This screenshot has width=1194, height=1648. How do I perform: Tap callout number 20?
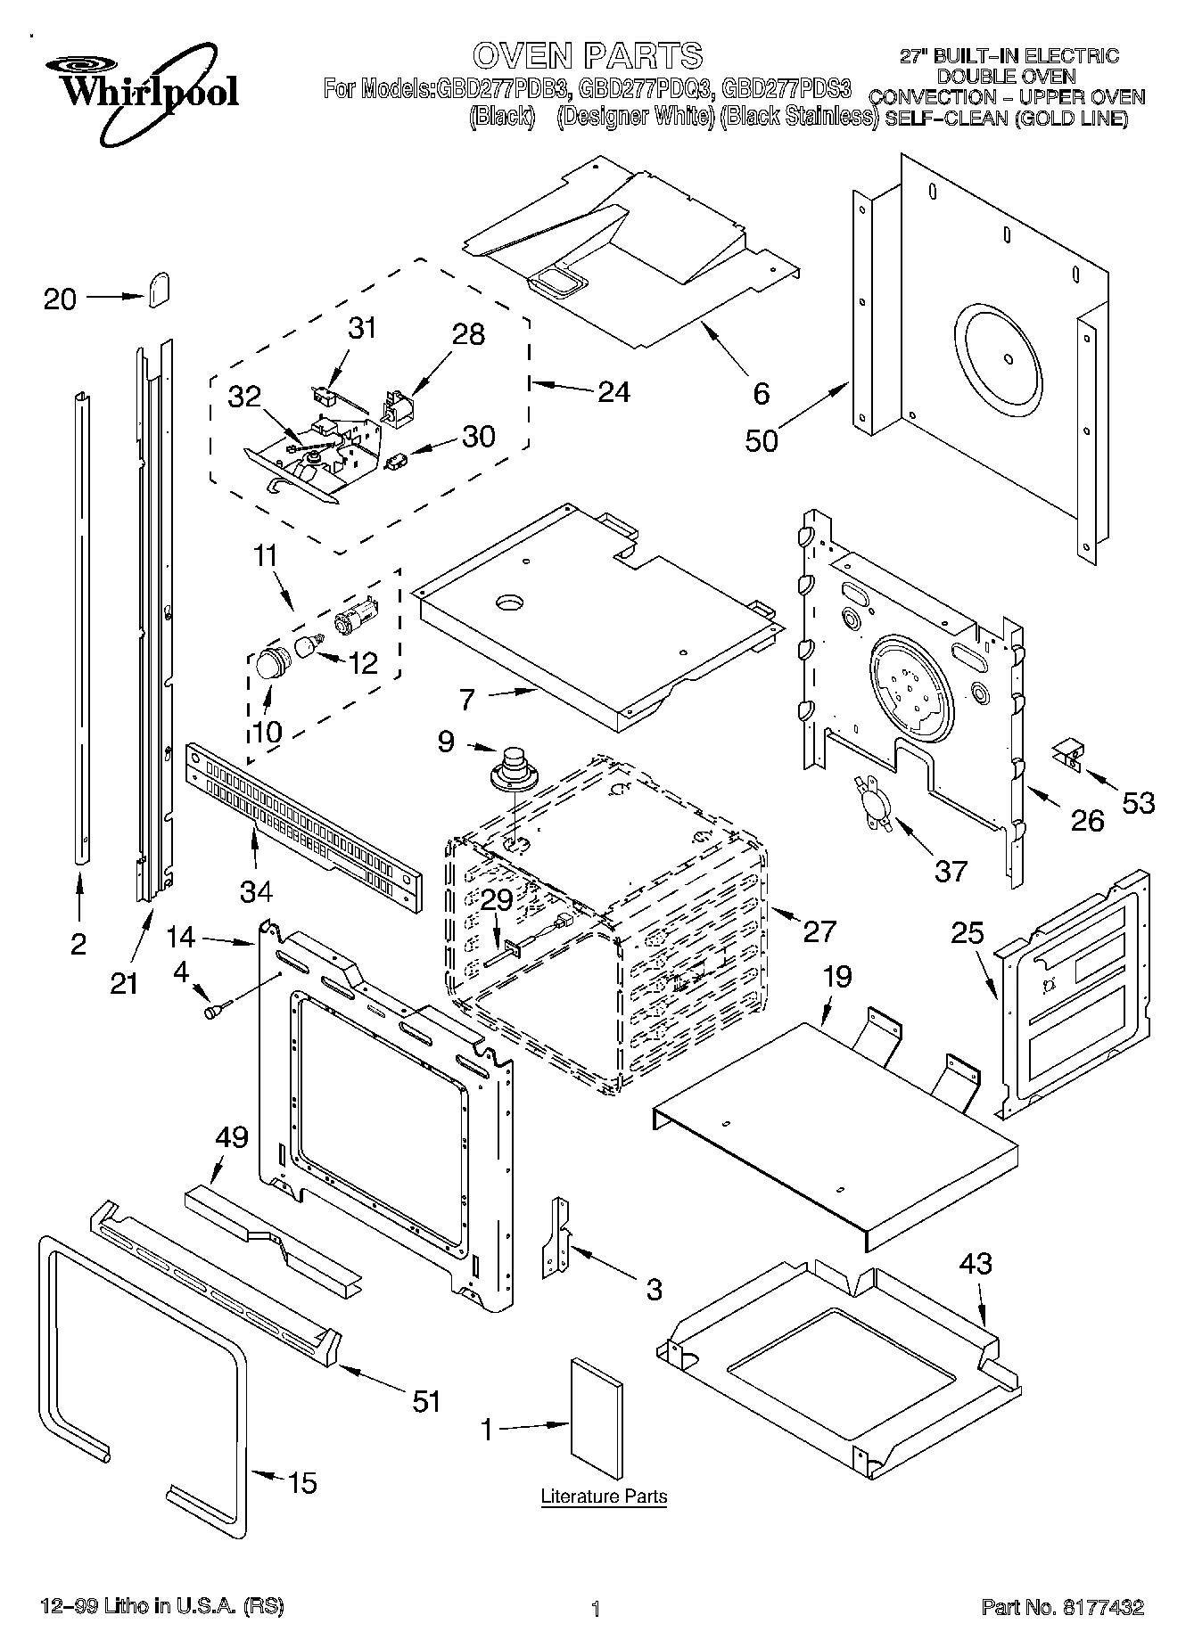(x=60, y=299)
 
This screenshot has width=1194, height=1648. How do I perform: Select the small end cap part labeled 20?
(x=158, y=290)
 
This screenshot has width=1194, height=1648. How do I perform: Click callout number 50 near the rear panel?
(x=762, y=439)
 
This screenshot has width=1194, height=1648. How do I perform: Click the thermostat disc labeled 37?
(x=874, y=803)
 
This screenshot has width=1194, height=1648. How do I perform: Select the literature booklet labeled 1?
(x=597, y=1410)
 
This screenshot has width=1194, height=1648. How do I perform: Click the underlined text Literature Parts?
(x=604, y=1496)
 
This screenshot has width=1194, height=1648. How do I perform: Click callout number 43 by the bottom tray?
(x=976, y=1263)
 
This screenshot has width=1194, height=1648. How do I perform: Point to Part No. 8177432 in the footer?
(x=1062, y=1608)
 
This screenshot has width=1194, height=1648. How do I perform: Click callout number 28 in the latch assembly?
(x=468, y=334)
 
